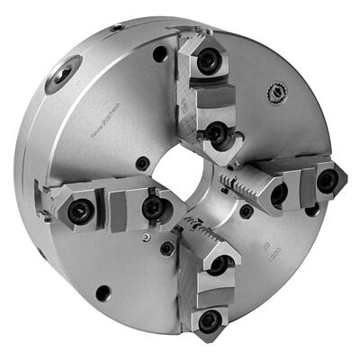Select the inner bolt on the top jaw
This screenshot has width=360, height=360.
click(215, 133)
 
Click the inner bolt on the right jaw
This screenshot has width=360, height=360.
click(279, 192)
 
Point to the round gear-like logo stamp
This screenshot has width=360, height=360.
click(274, 92)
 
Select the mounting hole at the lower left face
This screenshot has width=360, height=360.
click(103, 292)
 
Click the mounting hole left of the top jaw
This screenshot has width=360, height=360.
click(160, 55)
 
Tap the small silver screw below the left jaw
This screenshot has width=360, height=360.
click(146, 237)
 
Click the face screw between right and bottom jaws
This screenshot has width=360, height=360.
click(246, 212)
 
